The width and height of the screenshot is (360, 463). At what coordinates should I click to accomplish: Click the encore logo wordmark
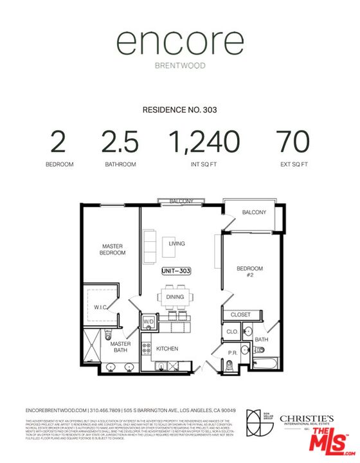[x=179, y=44]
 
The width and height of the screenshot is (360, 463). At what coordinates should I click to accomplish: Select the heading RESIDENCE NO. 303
[x=179, y=110]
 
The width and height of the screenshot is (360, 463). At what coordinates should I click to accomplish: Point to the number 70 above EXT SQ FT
[x=292, y=141]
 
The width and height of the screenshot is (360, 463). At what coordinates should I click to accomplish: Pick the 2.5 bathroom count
[x=120, y=141]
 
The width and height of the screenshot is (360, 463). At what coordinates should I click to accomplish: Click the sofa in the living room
[x=149, y=242]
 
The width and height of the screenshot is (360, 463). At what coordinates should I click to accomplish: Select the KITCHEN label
[x=168, y=349]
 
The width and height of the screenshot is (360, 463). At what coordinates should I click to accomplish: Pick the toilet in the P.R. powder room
[x=230, y=365]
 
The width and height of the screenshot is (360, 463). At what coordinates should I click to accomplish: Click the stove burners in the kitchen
[x=146, y=347]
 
